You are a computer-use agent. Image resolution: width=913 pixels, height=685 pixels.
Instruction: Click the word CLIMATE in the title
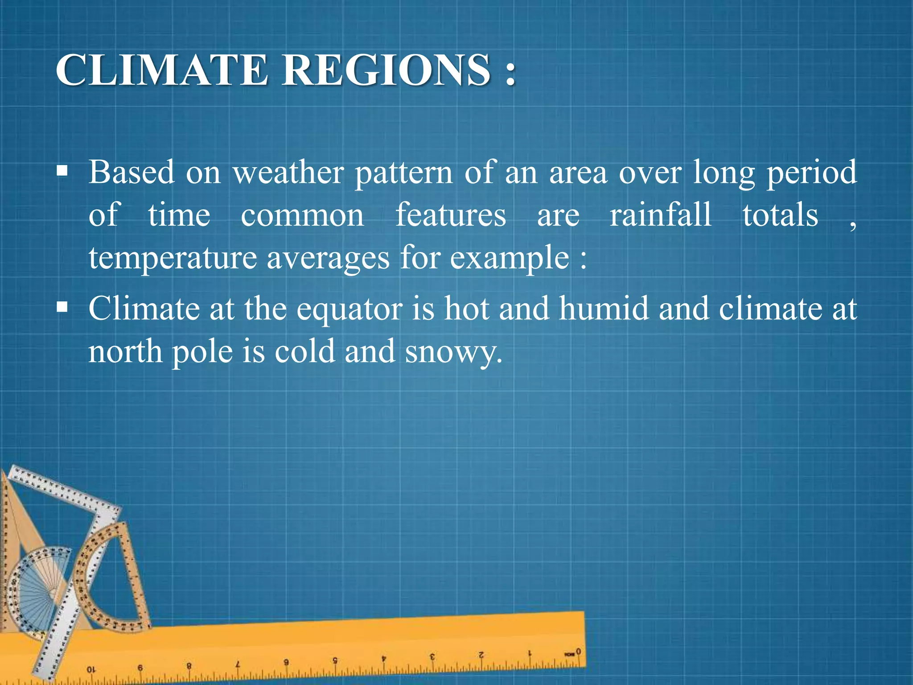(x=161, y=70)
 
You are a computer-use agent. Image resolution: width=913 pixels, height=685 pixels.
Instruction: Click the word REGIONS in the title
(x=386, y=70)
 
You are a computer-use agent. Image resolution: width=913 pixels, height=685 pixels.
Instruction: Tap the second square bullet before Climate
(x=62, y=307)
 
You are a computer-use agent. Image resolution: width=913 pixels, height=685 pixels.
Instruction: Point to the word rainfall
(x=660, y=215)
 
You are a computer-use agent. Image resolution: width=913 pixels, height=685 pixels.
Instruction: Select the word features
(x=451, y=215)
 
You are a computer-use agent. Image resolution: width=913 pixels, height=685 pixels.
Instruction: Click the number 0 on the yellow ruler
(x=578, y=652)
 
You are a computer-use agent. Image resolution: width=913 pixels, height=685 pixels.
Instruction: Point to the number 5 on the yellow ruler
(x=335, y=660)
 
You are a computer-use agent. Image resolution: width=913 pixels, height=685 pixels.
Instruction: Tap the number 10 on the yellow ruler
(x=90, y=670)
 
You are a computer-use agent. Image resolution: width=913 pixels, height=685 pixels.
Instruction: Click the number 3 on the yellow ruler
(x=432, y=657)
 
